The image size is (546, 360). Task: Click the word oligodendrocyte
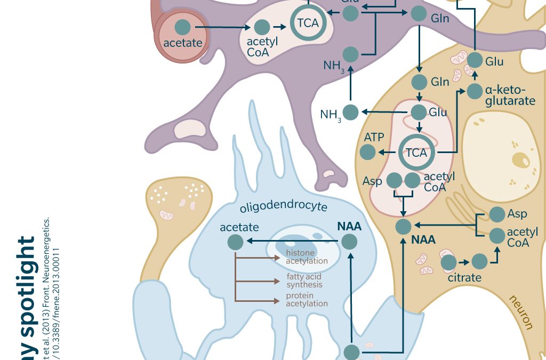click(283, 206)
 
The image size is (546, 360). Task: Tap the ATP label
click(374, 138)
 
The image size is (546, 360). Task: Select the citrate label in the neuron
click(464, 277)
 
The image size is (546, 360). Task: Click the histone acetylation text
click(307, 257)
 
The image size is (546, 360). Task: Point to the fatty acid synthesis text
click(304, 281)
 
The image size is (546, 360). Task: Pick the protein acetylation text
click(307, 300)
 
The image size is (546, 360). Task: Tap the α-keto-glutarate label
click(510, 95)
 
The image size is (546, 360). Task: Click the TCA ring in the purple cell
click(308, 23)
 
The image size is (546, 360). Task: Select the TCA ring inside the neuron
click(416, 153)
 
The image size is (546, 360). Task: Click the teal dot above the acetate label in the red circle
click(183, 26)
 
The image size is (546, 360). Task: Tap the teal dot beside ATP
click(367, 153)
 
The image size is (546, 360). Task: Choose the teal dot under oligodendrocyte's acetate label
click(235, 243)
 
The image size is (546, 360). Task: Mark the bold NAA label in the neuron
click(423, 240)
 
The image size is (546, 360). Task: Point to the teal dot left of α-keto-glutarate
click(474, 91)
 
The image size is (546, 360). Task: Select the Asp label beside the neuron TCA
click(372, 181)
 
